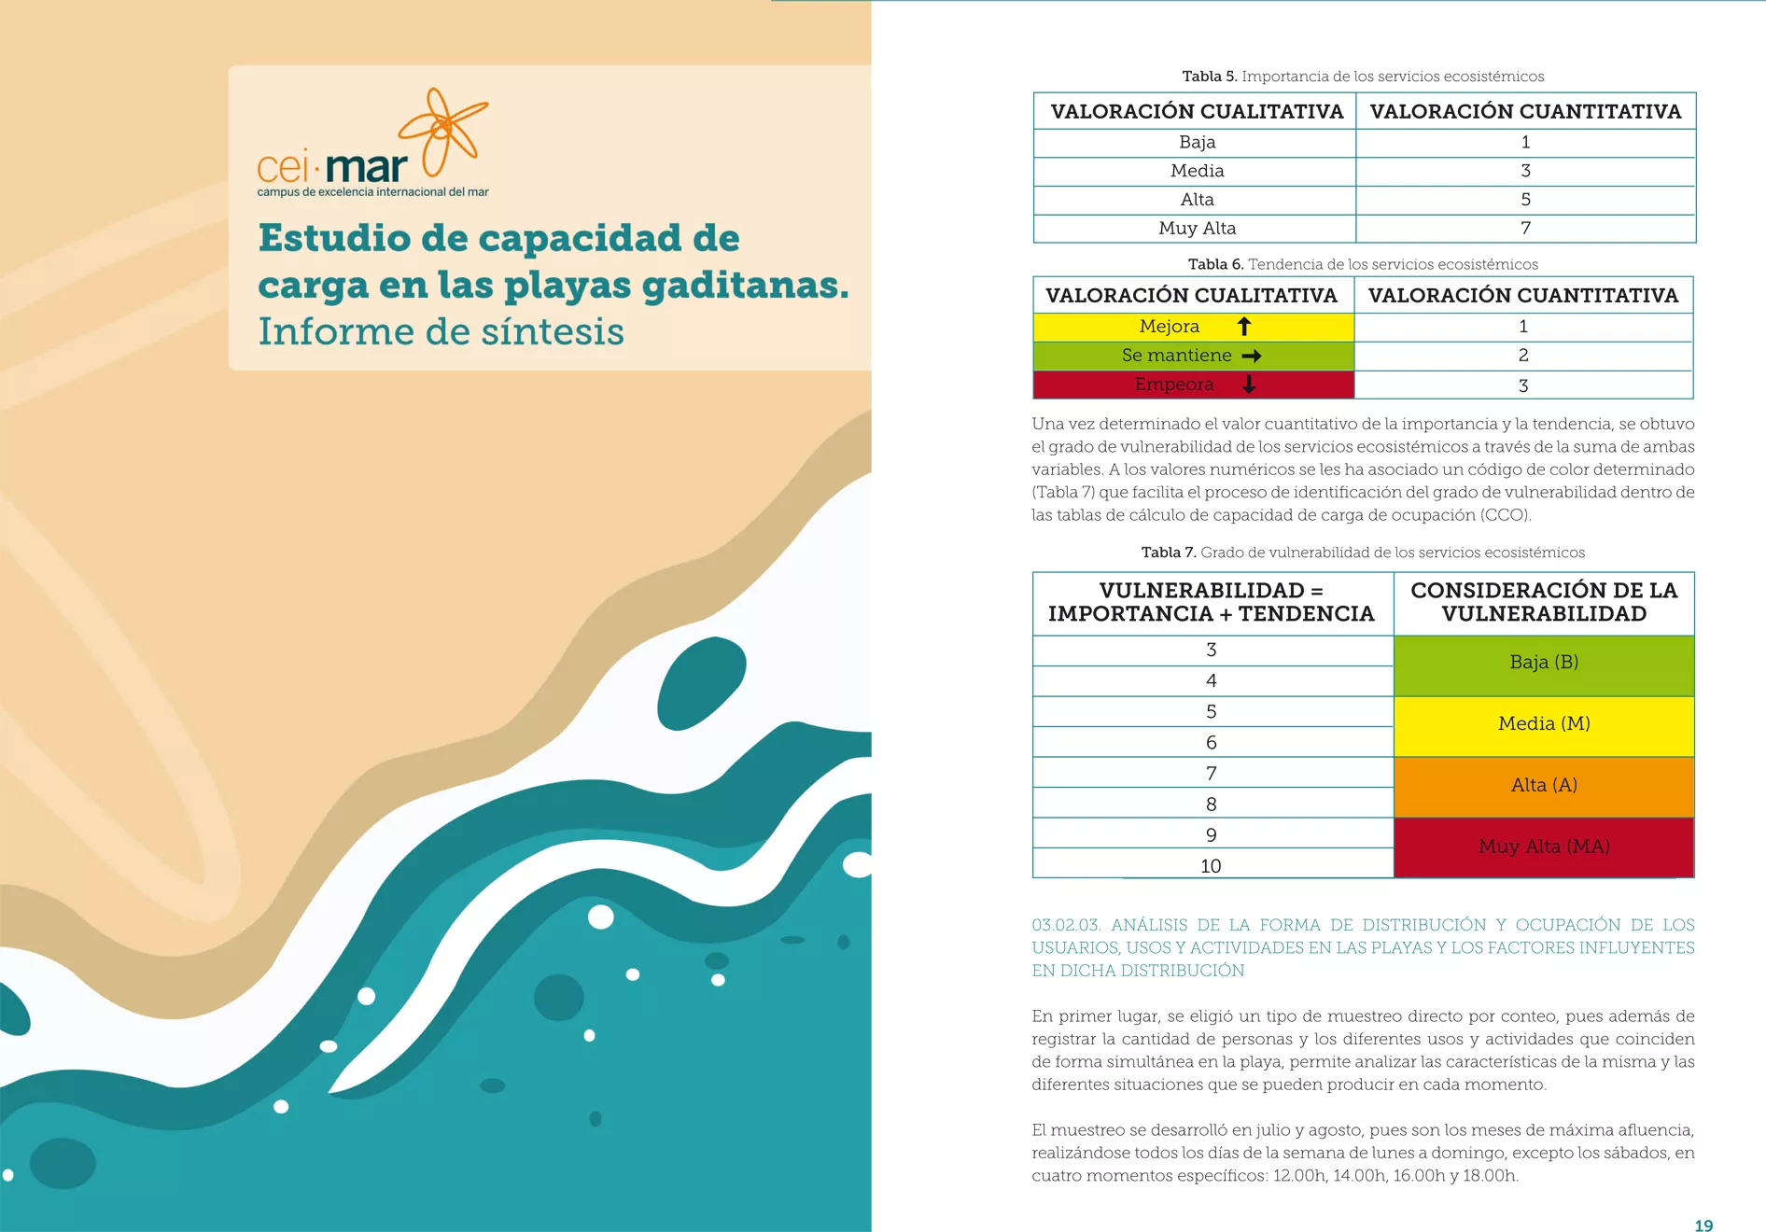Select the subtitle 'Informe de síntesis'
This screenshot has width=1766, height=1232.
coord(441,332)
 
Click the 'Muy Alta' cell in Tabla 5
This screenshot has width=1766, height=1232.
coord(1197,229)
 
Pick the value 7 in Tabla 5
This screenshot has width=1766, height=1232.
coord(1525,229)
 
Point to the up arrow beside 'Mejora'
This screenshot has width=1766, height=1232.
coord(1243,327)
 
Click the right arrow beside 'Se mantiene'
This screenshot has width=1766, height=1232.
coord(1252,356)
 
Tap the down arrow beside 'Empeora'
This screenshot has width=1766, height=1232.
coord(1249,385)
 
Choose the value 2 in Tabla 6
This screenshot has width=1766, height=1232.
coord(1523,356)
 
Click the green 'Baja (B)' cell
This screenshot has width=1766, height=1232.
coord(1544,663)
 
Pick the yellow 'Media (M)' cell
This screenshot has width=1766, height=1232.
coord(1544,724)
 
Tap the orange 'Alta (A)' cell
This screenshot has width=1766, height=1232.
coord(1544,786)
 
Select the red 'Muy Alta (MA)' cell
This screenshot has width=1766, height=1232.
coord(1544,847)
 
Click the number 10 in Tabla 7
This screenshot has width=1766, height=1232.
coord(1211,866)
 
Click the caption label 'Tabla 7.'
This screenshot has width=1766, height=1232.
coord(1168,553)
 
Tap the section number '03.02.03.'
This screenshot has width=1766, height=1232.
coord(1066,925)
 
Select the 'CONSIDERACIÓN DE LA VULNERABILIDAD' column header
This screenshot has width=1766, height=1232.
coord(1544,603)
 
